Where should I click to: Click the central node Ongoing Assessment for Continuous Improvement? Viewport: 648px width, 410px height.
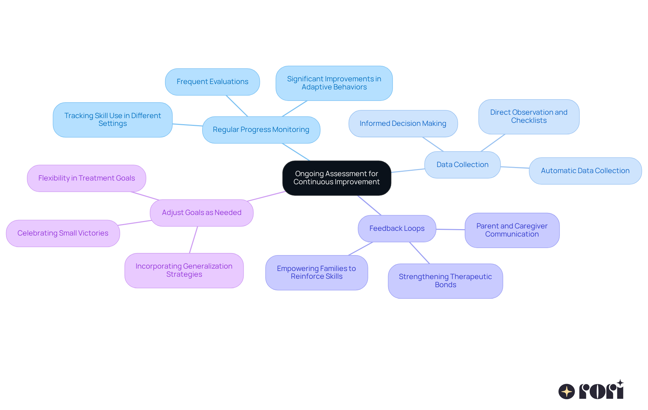(x=336, y=178)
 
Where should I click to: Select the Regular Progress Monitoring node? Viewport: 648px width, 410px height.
(x=261, y=130)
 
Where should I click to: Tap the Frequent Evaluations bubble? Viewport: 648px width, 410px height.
(x=212, y=82)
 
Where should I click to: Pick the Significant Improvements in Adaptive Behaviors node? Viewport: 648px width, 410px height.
(x=334, y=83)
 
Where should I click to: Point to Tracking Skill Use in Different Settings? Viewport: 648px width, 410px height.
(x=112, y=120)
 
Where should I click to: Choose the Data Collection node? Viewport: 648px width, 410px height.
(x=462, y=165)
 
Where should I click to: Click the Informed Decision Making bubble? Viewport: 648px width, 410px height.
(x=403, y=124)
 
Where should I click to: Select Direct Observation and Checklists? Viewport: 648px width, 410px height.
(x=529, y=116)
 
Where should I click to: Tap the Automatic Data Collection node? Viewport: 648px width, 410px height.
(x=585, y=171)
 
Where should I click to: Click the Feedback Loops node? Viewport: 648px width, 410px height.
(x=397, y=228)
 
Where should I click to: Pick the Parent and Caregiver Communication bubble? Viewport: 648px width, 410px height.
(x=512, y=230)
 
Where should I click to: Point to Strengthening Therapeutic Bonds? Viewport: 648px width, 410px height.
(x=445, y=281)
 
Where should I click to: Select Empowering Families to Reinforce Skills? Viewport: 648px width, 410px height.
(x=316, y=272)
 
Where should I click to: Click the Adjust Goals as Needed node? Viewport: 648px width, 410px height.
(x=201, y=213)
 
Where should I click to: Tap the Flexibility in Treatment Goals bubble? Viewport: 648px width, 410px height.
(x=86, y=178)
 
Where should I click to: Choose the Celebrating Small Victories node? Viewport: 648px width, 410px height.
(x=63, y=233)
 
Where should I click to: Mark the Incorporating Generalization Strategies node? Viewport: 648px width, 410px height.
(x=184, y=270)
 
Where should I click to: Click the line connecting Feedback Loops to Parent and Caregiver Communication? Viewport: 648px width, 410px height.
(x=450, y=229)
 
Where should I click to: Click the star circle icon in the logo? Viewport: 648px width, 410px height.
(x=566, y=391)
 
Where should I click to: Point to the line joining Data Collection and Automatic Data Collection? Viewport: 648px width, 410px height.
(x=515, y=167)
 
